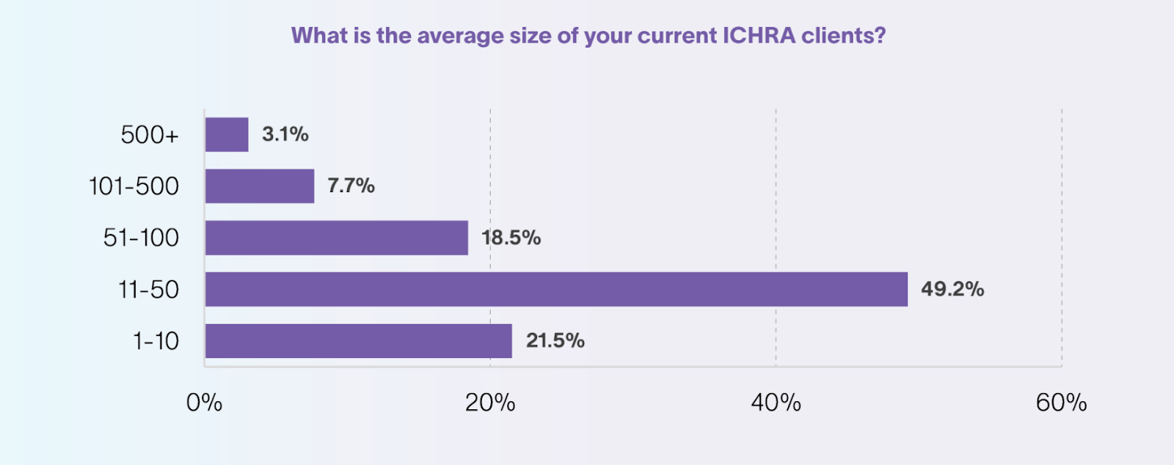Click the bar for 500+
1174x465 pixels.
[x=227, y=135]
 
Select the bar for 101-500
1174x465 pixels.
[x=260, y=186]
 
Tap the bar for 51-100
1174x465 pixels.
[x=336, y=238]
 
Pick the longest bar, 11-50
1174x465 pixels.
[x=556, y=289]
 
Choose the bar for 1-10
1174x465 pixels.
[x=358, y=341]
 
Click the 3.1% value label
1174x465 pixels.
[x=285, y=134]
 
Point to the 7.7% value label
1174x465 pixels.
[x=351, y=186]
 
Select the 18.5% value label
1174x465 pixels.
[x=511, y=238]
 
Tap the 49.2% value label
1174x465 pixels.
[x=952, y=289]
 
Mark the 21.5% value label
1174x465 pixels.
[x=555, y=341]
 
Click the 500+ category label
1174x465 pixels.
[x=150, y=135]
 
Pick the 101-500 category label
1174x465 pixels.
[x=134, y=186]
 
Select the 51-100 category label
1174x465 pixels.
[x=141, y=238]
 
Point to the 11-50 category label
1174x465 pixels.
[x=148, y=290]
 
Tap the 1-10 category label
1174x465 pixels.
[x=156, y=341]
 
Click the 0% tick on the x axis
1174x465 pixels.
[x=204, y=403]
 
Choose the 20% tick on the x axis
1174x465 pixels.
[x=490, y=403]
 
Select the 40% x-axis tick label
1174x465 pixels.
[x=776, y=403]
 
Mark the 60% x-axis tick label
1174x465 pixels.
[x=1061, y=403]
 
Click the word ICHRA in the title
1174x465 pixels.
[x=759, y=35]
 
